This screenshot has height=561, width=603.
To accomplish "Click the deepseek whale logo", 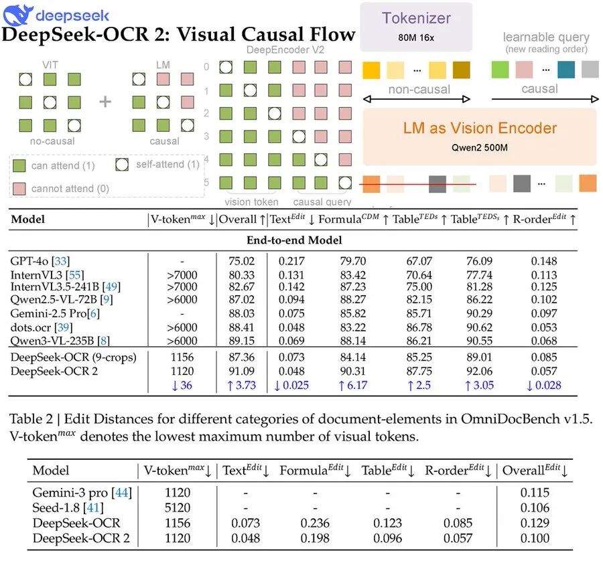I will pyautogui.click(x=16, y=13).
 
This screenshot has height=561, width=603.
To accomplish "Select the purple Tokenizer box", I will pyautogui.click(x=416, y=26).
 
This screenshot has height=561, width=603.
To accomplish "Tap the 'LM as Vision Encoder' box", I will pyautogui.click(x=480, y=136).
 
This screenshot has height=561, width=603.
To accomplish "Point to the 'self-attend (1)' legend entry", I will pyautogui.click(x=158, y=165).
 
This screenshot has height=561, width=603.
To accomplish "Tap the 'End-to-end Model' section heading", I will pyautogui.click(x=294, y=240).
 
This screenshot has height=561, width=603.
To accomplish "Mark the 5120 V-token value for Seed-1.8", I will pyautogui.click(x=177, y=508).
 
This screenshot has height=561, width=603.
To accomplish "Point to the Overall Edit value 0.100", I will pyautogui.click(x=535, y=538).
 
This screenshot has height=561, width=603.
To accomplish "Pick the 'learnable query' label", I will pyautogui.click(x=546, y=37).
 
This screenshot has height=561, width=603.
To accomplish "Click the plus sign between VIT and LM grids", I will pyautogui.click(x=105, y=102).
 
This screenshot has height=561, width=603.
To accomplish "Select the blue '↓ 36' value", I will pyautogui.click(x=181, y=385).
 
